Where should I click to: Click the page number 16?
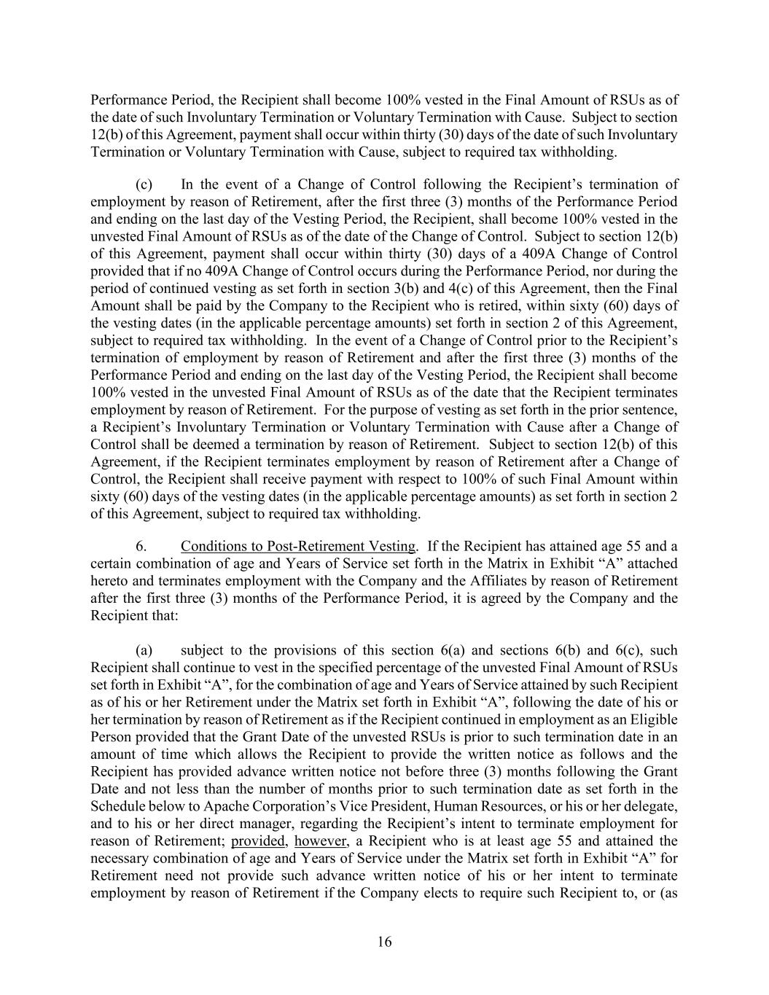click(384, 942)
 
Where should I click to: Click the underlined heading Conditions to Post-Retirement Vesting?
click(299, 546)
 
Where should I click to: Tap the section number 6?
click(142, 546)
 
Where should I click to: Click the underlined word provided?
click(259, 841)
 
